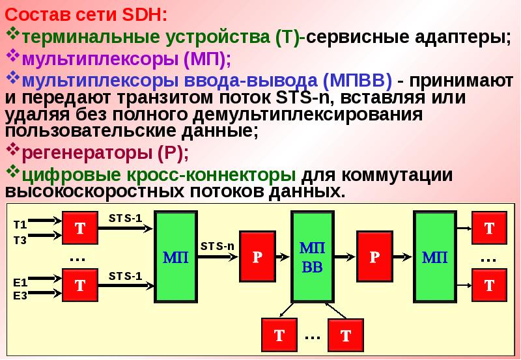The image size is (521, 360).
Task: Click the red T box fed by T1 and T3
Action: point(80,228)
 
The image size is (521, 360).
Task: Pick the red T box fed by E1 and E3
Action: point(80,285)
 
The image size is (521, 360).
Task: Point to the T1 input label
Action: point(20,225)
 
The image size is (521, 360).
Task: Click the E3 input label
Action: point(20,295)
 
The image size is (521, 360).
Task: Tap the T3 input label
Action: point(20,240)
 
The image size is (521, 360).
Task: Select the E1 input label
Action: point(20,283)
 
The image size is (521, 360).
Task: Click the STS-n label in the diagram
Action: point(217,245)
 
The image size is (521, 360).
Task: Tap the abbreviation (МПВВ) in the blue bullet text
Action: point(356,80)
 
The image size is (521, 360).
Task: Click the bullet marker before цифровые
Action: point(13,174)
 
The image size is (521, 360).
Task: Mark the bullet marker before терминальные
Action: point(13,34)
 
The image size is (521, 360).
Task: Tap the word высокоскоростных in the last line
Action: point(96,192)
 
